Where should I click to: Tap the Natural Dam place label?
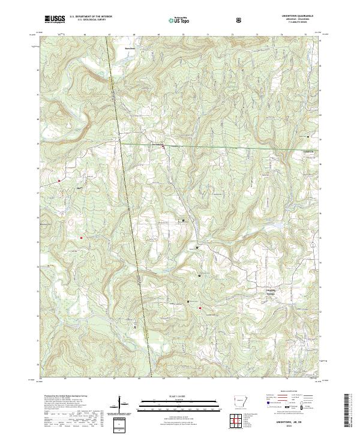point(127,46)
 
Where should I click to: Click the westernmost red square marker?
point(59,180)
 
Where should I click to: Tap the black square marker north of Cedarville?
point(308,137)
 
